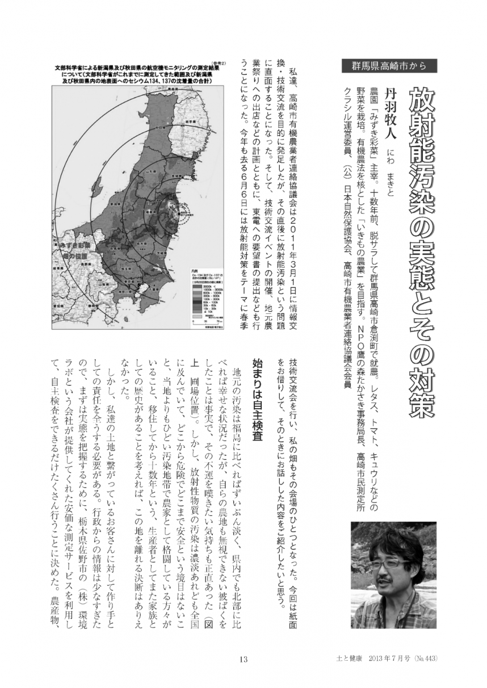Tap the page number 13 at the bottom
point(243,659)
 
